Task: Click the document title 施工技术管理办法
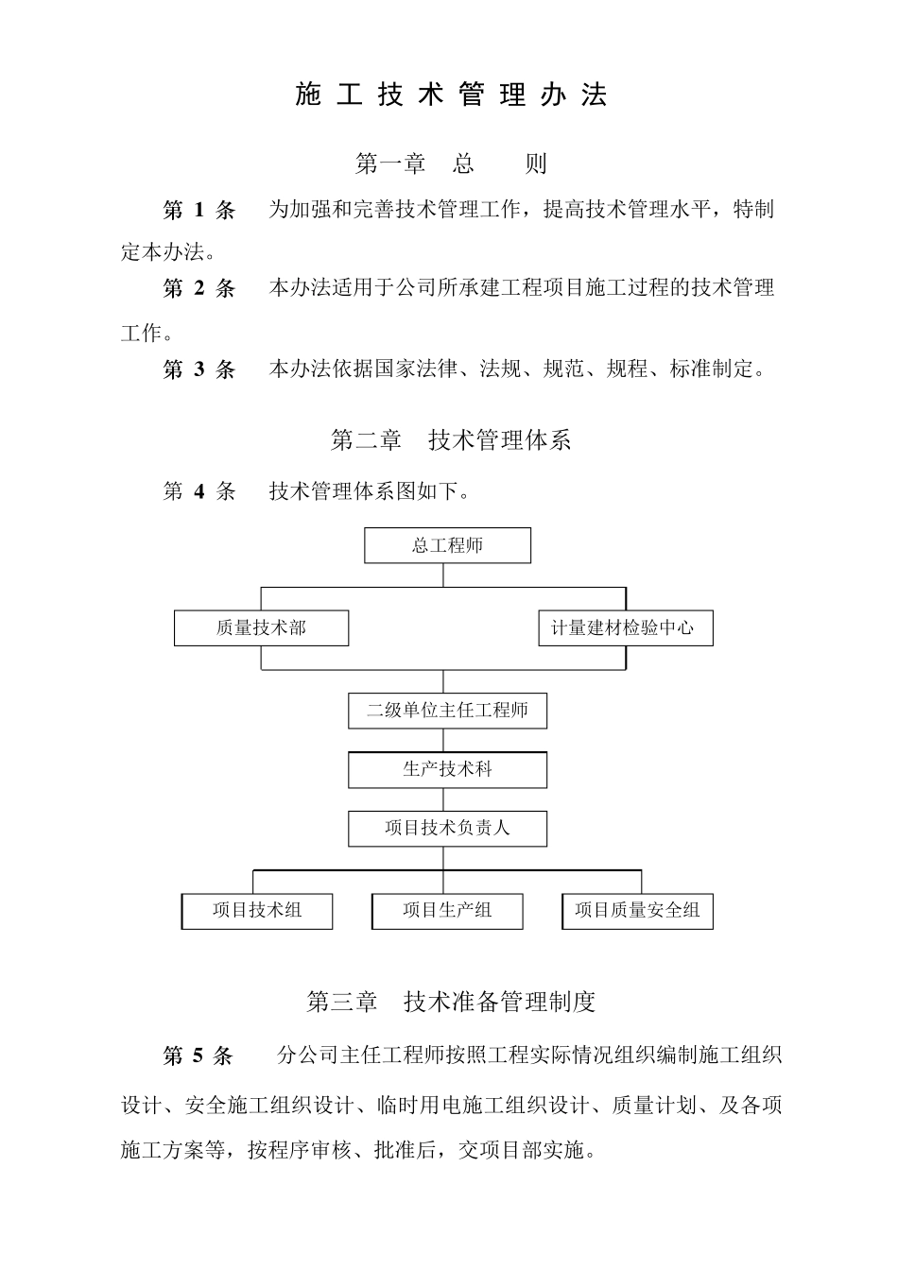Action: [450, 94]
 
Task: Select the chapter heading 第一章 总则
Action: [450, 163]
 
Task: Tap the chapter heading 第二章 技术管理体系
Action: [450, 439]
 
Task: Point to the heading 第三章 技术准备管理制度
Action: [450, 1002]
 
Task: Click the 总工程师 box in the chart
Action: [447, 545]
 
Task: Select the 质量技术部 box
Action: [261, 628]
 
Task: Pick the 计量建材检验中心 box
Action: [625, 628]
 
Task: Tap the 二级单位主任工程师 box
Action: [447, 711]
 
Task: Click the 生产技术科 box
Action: [447, 770]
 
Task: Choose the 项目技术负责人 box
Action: [447, 829]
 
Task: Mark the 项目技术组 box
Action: [257, 911]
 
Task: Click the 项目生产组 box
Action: [447, 911]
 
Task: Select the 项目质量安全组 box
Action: [637, 911]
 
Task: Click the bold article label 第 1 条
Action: [199, 210]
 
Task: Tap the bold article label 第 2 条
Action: [199, 288]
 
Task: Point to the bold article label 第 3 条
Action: [199, 369]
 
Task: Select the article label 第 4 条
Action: [199, 491]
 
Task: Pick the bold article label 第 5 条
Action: [199, 1055]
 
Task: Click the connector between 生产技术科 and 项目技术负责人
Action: [443, 799]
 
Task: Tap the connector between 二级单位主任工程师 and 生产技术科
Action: [443, 740]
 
